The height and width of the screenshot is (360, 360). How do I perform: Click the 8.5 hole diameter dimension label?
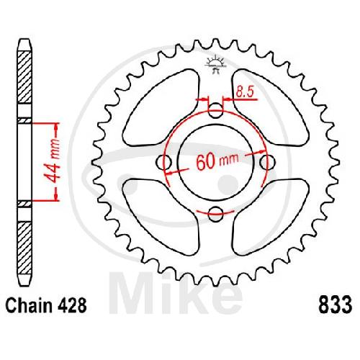point(245,91)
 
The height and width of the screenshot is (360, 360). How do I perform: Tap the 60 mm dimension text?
point(217,161)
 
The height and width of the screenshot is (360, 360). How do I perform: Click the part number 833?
point(335,305)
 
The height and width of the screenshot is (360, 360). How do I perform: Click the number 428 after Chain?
point(72,305)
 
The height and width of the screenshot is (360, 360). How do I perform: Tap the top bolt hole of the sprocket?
point(215,111)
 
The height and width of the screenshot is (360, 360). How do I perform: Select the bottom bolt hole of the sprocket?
point(215,214)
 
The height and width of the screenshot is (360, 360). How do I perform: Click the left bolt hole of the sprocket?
point(163,163)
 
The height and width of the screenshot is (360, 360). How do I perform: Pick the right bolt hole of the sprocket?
point(267,163)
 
